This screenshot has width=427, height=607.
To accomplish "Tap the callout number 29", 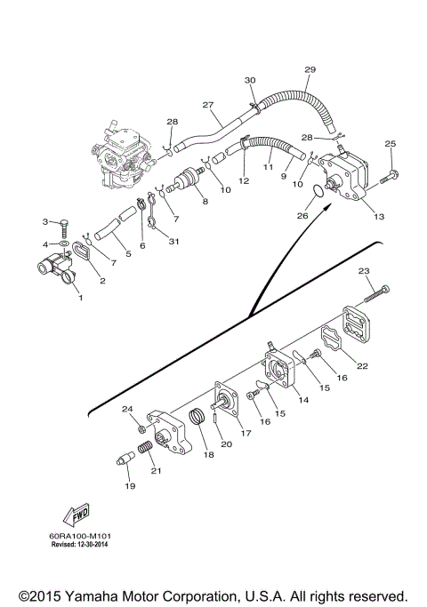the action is pos(310,69).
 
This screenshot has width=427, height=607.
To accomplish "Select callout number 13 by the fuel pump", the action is pos(379,216).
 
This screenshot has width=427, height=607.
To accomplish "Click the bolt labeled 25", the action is pos(388,177).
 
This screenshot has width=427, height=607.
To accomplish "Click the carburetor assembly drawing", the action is pos(122,155).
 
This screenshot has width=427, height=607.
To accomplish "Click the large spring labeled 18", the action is pos(198,418).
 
